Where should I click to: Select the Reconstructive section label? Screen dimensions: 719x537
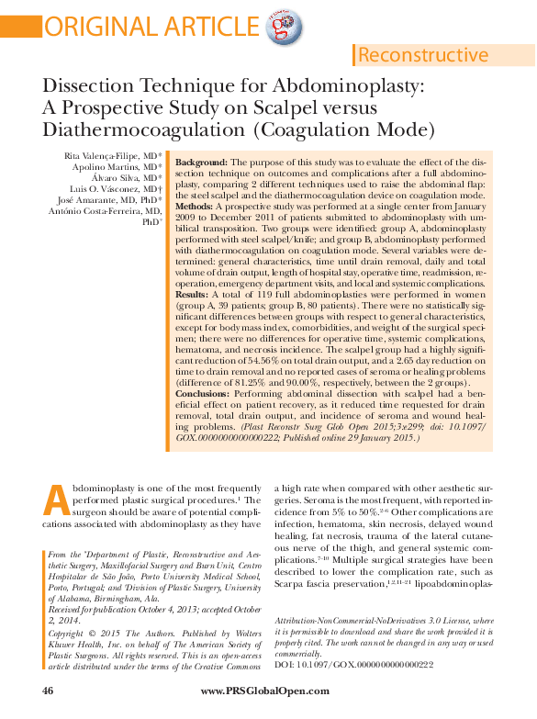coord(423,55)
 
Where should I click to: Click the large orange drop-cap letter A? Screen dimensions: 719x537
coord(56,500)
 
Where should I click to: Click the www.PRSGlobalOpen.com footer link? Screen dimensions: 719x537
coord(268,689)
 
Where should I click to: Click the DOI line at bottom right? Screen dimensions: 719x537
coord(353,664)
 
